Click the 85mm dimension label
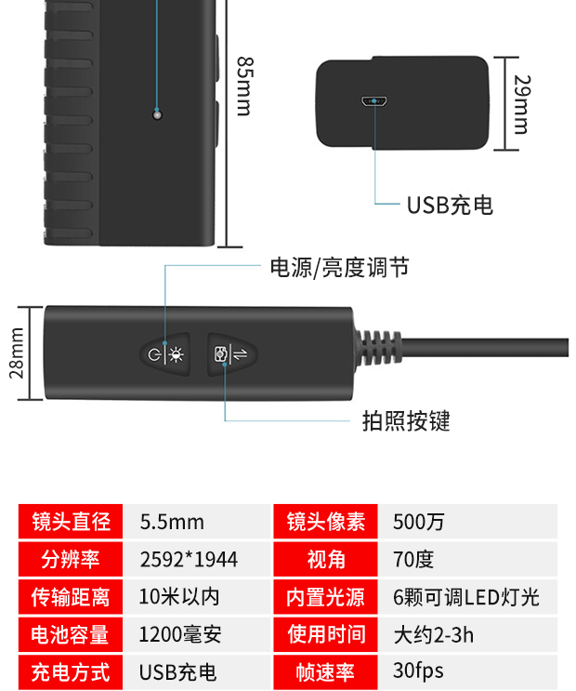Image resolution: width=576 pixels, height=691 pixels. tap(243, 86)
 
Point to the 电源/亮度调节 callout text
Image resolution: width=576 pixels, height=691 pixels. tap(338, 268)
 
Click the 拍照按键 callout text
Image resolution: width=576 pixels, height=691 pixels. tap(406, 421)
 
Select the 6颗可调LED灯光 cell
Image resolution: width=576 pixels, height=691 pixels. tap(465, 597)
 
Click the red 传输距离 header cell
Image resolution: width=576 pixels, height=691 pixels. tap(72, 597)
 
